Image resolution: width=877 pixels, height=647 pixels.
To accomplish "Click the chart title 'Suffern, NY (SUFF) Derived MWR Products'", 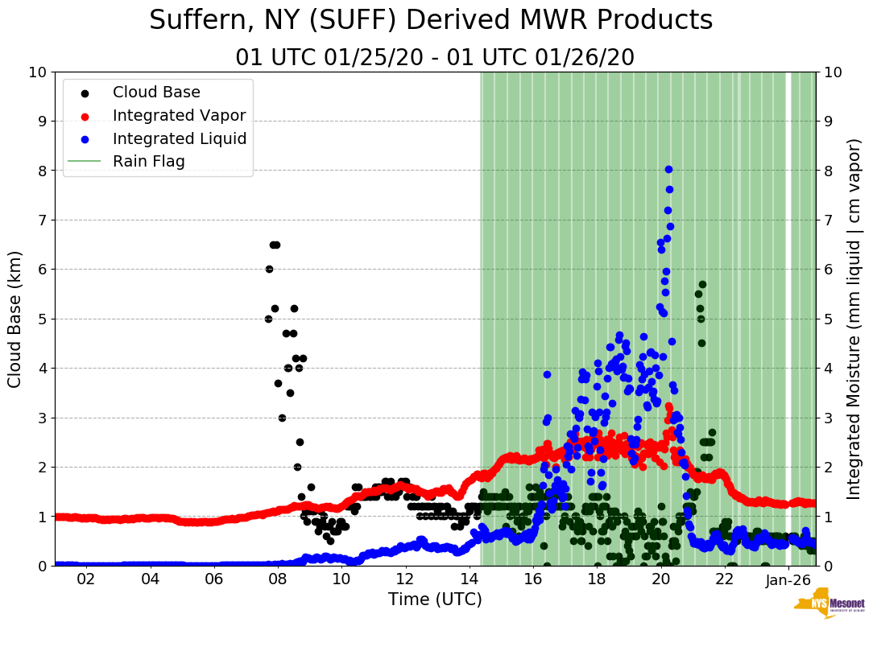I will tap(431, 20).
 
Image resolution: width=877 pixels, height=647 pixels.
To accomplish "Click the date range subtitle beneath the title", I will tap(435, 58).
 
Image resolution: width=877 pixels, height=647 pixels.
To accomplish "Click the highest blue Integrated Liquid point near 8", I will tap(668, 169).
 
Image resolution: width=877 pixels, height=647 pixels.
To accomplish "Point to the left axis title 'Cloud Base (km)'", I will tap(15, 319).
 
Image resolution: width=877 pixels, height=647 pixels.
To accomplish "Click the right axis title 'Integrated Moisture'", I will tap(854, 319).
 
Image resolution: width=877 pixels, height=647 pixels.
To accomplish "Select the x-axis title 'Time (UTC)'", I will tap(435, 600).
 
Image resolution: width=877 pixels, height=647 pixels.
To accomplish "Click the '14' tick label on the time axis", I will tap(469, 580).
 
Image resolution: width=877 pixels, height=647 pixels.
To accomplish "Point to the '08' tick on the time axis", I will tap(277, 580).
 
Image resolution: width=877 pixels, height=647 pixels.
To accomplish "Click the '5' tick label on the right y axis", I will tap(829, 319).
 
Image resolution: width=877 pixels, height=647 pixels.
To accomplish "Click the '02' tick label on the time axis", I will tap(85, 580).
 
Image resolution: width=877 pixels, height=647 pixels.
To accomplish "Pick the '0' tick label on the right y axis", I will tap(829, 566).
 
